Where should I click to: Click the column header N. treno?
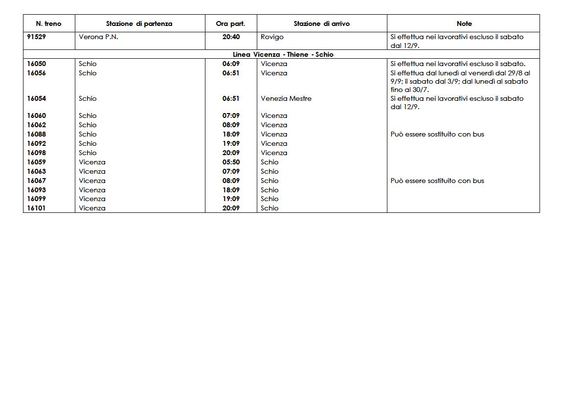pos(49,23)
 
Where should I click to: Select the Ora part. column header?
pos(230,23)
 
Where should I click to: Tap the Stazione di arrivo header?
pos(321,23)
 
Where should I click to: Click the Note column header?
pos(464,23)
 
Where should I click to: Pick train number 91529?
pos(37,37)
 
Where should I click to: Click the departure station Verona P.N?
pos(98,37)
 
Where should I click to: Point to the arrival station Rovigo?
pos(272,37)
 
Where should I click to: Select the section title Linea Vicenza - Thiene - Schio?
pos(283,54)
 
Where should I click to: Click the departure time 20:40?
pos(231,37)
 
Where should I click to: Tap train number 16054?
pos(37,98)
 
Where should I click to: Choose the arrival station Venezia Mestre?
pos(286,98)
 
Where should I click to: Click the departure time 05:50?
pos(231,162)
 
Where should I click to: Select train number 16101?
pos(37,208)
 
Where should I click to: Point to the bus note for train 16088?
pos(437,134)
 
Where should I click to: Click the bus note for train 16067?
pos(437,181)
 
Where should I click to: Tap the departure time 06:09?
pos(231,64)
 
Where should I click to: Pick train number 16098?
pos(37,153)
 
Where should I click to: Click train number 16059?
pos(37,162)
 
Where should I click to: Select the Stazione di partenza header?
pos(139,23)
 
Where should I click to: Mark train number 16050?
pos(37,64)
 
